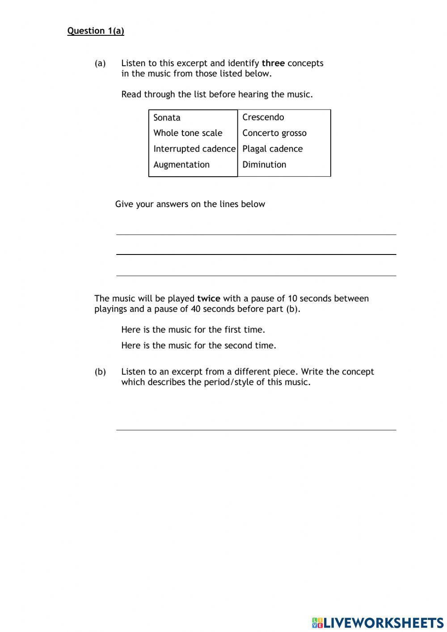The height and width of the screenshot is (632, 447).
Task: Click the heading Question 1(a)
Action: coord(96,31)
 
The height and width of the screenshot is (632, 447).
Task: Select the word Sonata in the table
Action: coord(167,118)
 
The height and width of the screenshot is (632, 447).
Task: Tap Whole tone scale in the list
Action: coord(188,133)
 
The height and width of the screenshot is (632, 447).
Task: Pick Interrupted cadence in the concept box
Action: coord(194,148)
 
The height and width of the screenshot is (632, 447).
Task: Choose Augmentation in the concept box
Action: coord(181,165)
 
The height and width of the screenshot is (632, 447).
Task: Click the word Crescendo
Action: coord(263,117)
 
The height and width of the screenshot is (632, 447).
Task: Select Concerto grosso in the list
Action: coord(274,133)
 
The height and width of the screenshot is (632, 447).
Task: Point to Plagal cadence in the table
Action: coord(272,148)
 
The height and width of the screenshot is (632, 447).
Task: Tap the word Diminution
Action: coord(264,165)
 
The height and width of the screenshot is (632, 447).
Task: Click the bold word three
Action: coord(273,63)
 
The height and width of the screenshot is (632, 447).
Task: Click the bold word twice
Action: coord(208,298)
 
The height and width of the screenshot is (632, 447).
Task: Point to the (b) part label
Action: coord(100,372)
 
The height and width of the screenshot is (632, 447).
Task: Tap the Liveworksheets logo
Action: coord(377,623)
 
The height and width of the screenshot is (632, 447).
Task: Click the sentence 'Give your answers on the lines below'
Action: coord(190,204)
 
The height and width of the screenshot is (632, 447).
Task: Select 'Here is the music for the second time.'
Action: coord(198,345)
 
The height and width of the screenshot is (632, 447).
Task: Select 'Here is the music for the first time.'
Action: coord(193,330)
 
